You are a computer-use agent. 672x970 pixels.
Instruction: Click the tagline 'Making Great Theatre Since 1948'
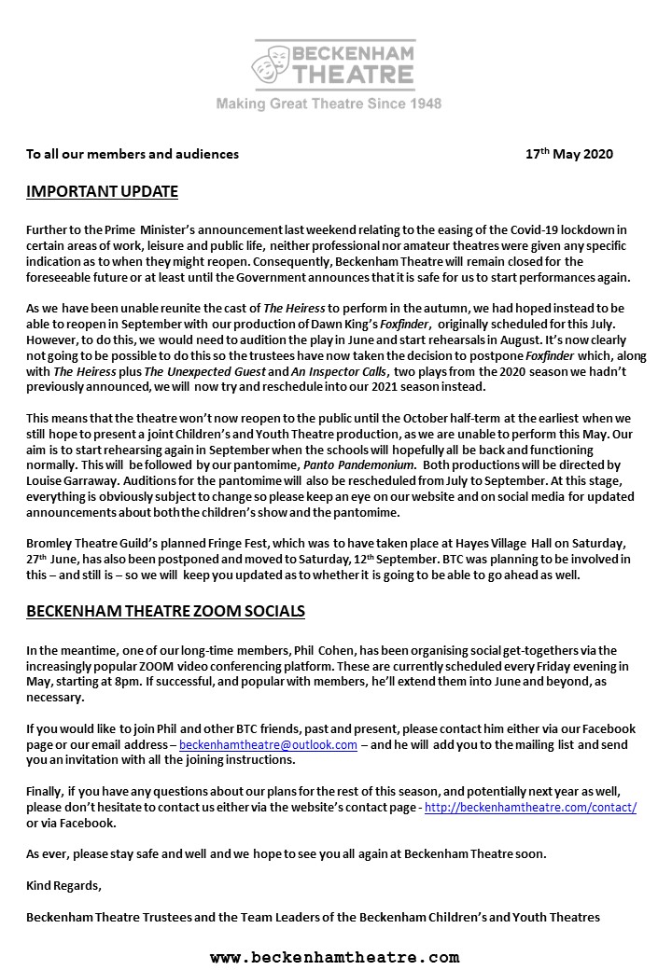(x=329, y=104)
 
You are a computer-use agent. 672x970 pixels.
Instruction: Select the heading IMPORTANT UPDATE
(x=102, y=193)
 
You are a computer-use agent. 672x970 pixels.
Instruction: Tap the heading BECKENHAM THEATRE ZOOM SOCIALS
(x=165, y=612)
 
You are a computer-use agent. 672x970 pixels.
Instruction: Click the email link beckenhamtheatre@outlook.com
(x=268, y=744)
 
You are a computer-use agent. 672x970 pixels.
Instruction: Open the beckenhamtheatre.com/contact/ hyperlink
(x=530, y=808)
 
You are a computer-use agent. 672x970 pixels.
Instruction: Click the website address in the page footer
(x=334, y=957)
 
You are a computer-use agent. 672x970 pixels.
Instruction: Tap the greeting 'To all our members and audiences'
(x=133, y=154)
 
